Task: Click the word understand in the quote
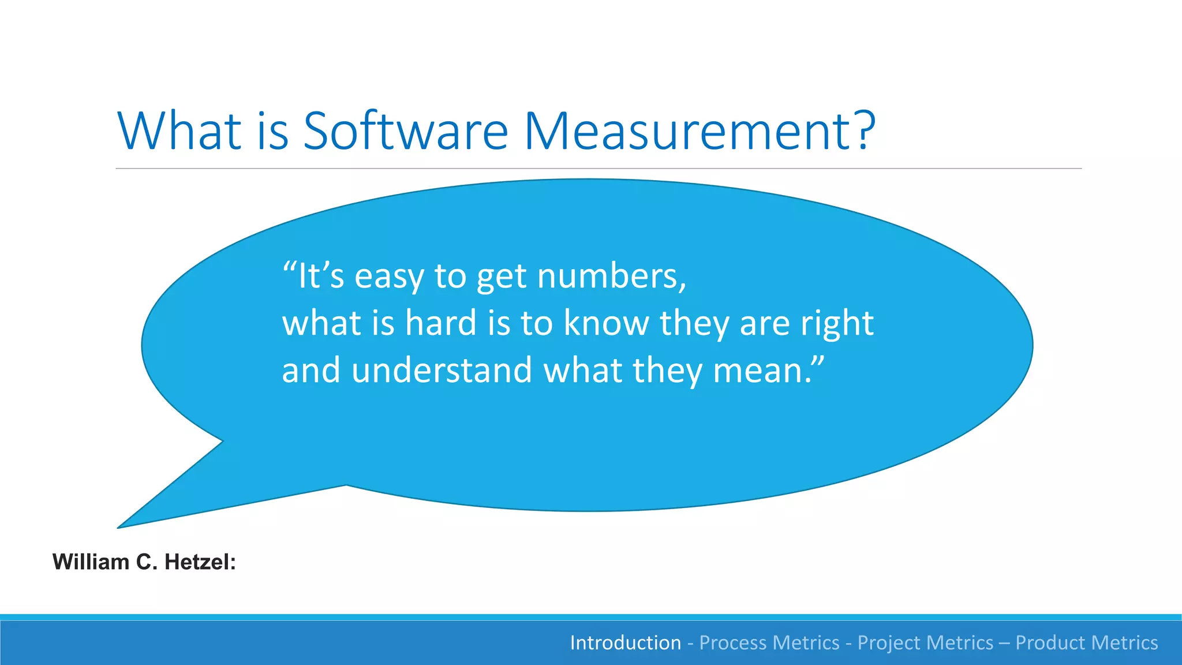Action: coord(442,370)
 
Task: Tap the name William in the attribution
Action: coord(91,562)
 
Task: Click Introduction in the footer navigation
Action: coord(625,642)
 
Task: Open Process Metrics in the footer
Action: coord(769,642)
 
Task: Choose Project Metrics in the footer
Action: coord(925,642)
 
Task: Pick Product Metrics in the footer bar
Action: coord(1086,642)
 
